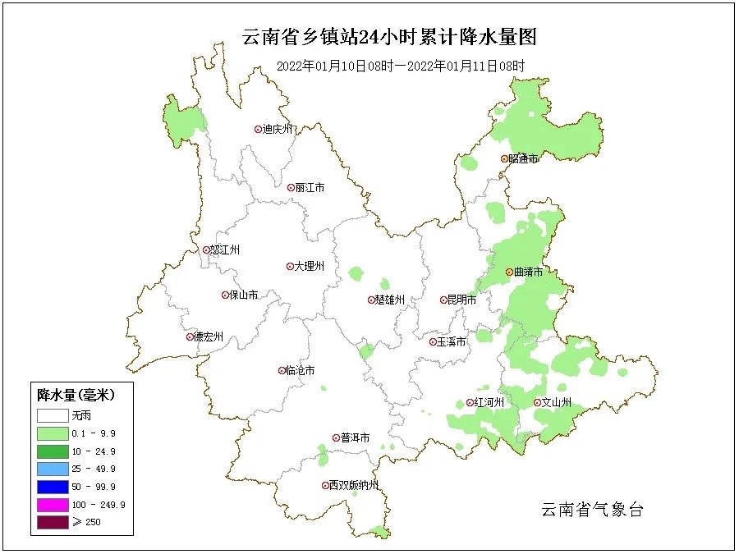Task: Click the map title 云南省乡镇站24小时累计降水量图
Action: click(x=389, y=37)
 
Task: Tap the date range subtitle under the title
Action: click(x=401, y=66)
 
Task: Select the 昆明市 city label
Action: click(x=461, y=300)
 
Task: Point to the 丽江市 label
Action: click(x=310, y=188)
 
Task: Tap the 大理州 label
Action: click(x=310, y=267)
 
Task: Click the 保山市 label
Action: click(x=244, y=295)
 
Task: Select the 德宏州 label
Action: click(x=209, y=337)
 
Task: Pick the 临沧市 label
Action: click(x=300, y=371)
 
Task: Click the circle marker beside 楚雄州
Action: click(x=371, y=300)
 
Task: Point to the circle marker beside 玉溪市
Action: click(x=433, y=341)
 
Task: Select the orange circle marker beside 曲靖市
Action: click(x=509, y=272)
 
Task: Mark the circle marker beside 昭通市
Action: click(x=505, y=158)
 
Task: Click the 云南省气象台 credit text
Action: click(x=592, y=510)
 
